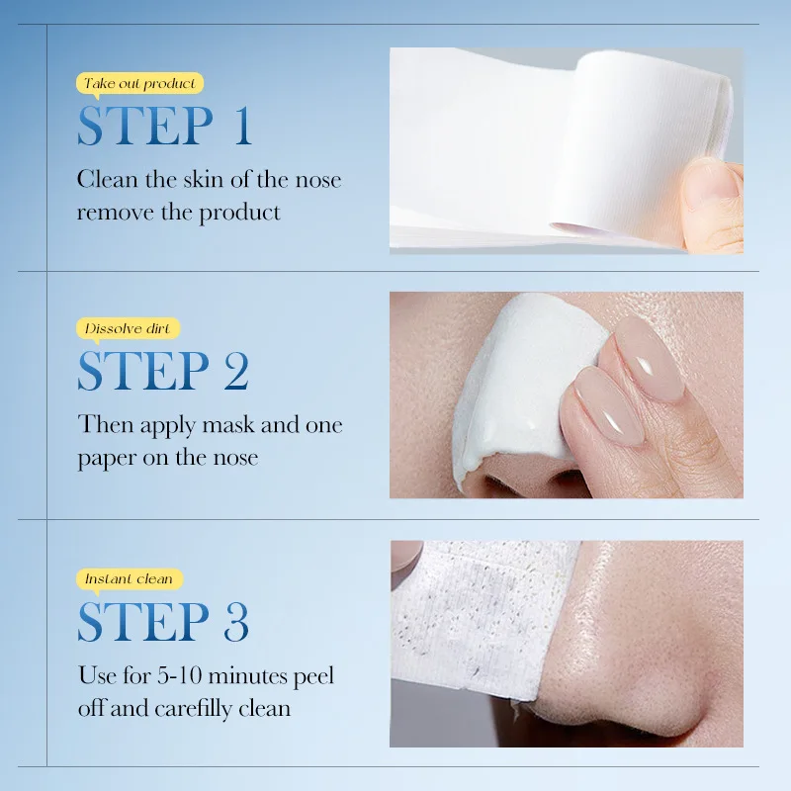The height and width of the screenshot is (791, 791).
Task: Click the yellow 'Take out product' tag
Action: click(139, 84)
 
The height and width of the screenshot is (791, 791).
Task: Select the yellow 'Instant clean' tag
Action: click(129, 578)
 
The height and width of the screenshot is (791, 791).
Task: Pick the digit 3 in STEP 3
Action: click(235, 621)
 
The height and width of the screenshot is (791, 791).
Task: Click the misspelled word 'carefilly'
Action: click(204, 708)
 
